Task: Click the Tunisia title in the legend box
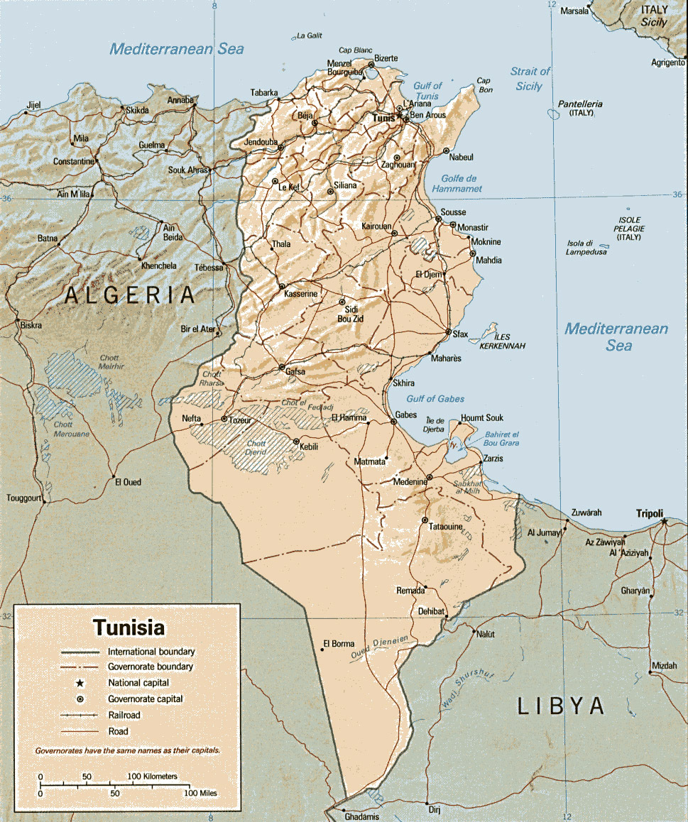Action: tap(129, 628)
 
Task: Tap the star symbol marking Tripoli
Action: tap(664, 522)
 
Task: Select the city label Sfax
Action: tap(460, 334)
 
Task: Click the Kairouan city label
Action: tap(376, 226)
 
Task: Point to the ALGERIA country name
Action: tap(129, 295)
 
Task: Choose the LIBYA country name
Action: tap(561, 706)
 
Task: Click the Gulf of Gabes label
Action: tap(436, 399)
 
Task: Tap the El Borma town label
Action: tap(339, 644)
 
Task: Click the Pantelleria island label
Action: tap(579, 104)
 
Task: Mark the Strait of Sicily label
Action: tap(530, 79)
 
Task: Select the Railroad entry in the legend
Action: tap(125, 715)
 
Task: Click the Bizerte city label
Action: tap(386, 57)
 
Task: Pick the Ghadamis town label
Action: tap(362, 817)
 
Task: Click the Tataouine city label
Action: tap(446, 527)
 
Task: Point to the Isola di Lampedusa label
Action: tap(586, 247)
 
